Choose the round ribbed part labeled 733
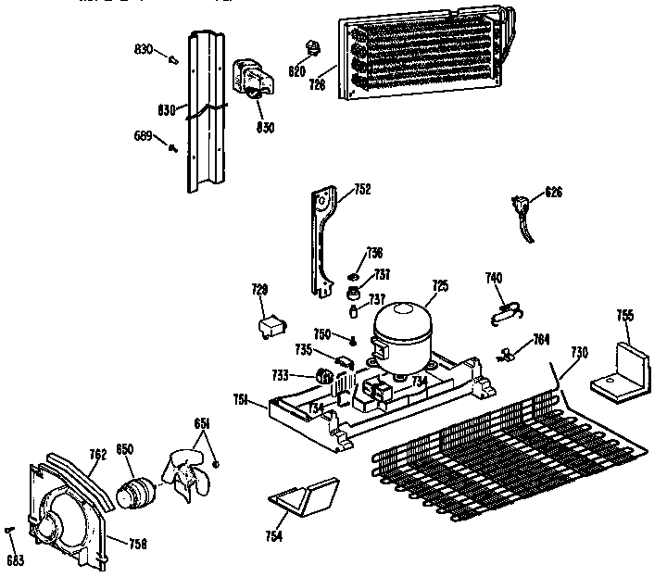[x=324, y=376]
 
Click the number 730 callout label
[x=579, y=351]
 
